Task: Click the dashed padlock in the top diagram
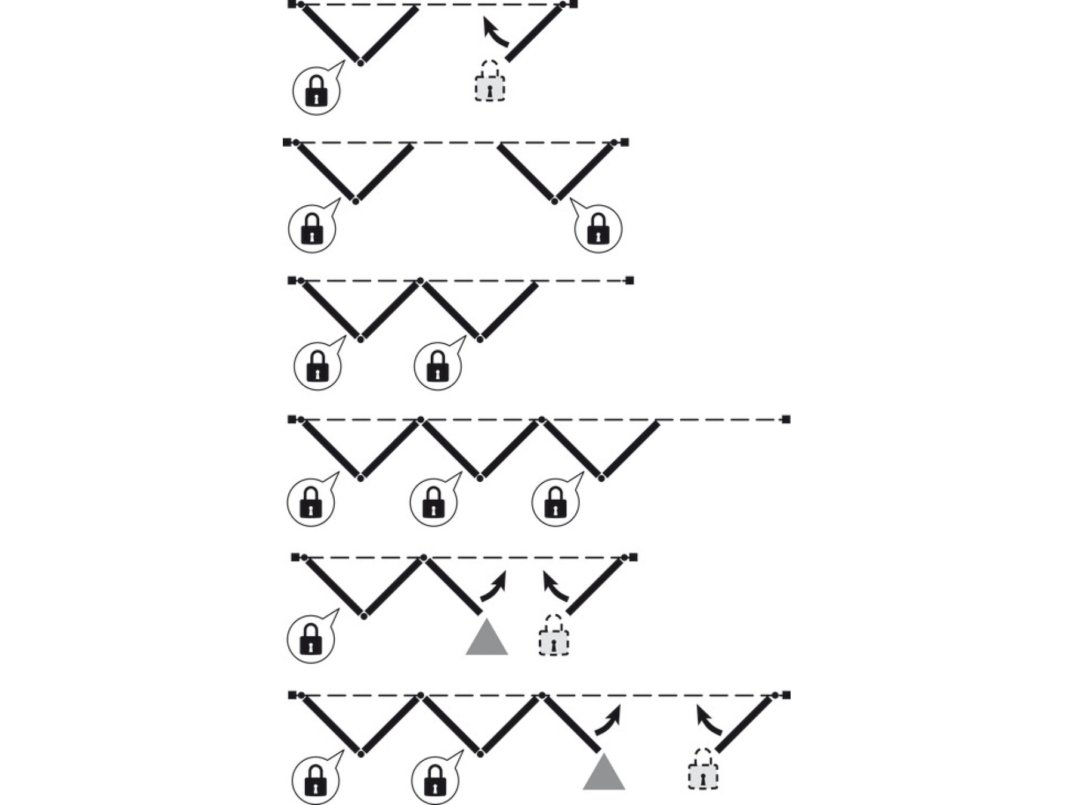(489, 82)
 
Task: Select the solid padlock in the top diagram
(316, 91)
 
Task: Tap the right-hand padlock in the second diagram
(598, 229)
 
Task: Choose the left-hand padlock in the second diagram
(311, 229)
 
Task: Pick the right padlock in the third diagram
(437, 366)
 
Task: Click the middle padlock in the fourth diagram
(434, 503)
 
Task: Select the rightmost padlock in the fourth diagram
(555, 503)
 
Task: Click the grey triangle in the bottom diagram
(604, 773)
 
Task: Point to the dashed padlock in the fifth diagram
(554, 637)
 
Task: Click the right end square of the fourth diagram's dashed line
(786, 420)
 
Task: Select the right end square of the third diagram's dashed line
(629, 280)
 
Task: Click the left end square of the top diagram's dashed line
(292, 5)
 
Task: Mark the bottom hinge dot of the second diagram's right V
(555, 201)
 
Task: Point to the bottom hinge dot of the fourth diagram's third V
(601, 478)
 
